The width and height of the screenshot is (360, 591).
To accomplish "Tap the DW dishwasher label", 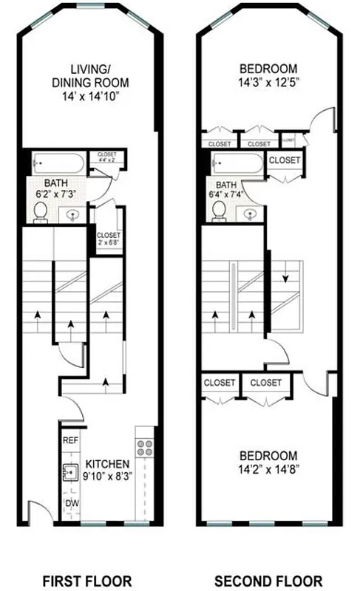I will (71, 504).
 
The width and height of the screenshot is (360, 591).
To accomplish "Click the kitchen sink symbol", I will (71, 471).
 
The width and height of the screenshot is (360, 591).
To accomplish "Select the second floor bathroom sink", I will (251, 213).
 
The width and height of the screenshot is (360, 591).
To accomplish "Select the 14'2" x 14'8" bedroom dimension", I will (267, 469).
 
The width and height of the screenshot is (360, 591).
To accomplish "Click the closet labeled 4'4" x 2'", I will (108, 158).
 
